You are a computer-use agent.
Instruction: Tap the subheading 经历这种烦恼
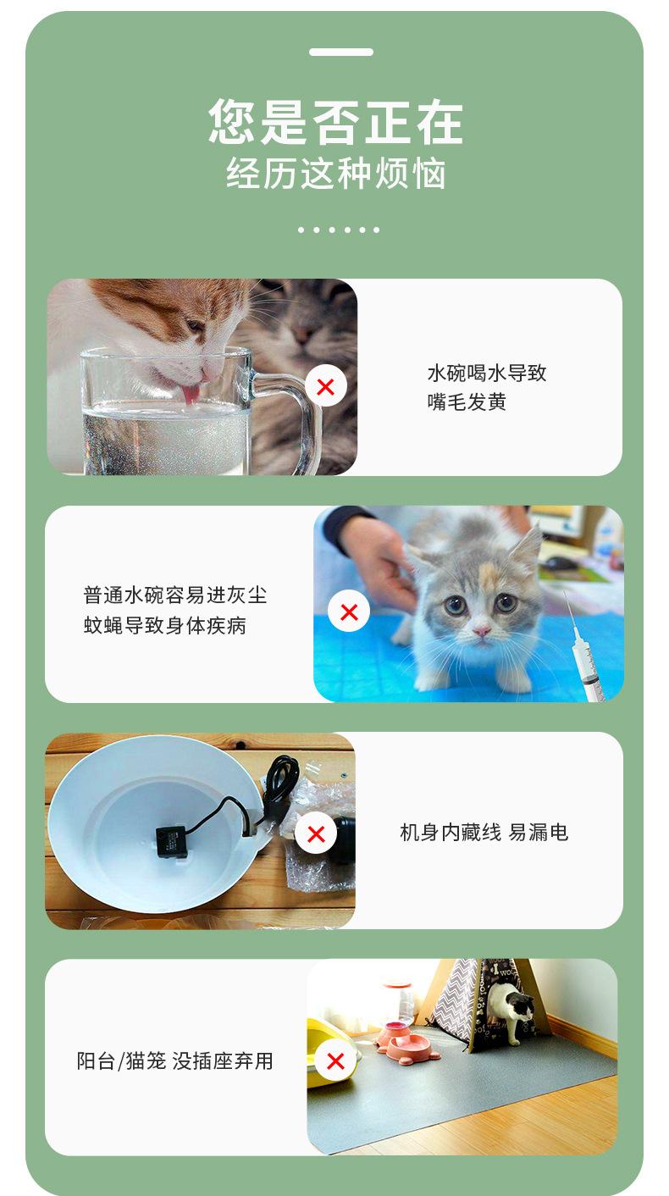pos(335,174)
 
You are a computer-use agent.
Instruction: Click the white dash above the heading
pos(340,53)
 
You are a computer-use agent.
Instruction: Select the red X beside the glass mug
pos(325,387)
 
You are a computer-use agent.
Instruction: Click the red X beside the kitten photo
pos(348,612)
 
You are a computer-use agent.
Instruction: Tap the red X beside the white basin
pos(315,833)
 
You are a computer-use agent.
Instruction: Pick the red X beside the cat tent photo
pos(335,1060)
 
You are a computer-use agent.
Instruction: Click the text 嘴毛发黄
pos(467,402)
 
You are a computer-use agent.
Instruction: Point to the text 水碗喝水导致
pos(487,373)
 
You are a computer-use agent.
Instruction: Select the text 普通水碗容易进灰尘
pos(175,595)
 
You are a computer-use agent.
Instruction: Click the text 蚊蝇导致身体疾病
pos(165,626)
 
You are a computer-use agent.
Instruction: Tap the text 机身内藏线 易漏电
pos(484,833)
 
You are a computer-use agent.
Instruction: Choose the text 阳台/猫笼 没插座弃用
pos(175,1060)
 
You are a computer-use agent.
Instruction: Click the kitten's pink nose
pos(481,632)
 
